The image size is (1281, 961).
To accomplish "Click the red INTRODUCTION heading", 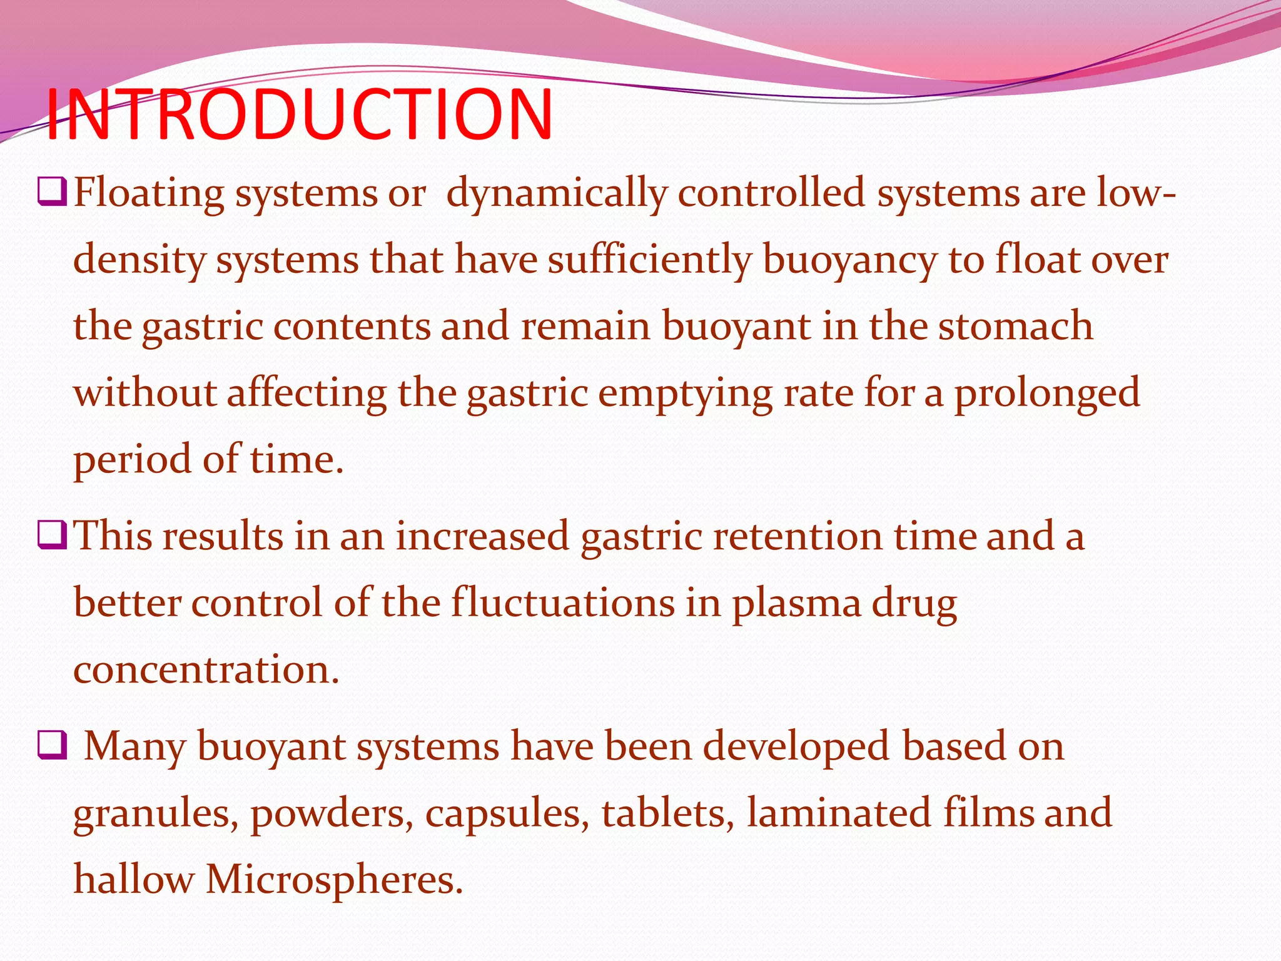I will (x=299, y=114).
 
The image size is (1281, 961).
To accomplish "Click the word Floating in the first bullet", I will (x=149, y=193).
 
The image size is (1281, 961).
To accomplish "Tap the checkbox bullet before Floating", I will (x=52, y=191).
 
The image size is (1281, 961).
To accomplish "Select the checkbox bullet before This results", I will (x=52, y=536).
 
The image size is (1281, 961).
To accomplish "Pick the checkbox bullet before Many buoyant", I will (x=52, y=745).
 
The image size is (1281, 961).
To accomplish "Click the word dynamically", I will (x=557, y=193).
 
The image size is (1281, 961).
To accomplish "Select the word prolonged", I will (x=1046, y=394).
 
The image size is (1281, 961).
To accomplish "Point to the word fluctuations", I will (x=563, y=603).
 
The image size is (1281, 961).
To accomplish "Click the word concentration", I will (x=206, y=670).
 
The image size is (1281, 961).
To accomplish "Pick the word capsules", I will (x=507, y=814).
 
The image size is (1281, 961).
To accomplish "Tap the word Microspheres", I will (x=334, y=880).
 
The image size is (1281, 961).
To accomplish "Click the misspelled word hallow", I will (x=134, y=880).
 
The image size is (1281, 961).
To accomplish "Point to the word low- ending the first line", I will (x=1135, y=193).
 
